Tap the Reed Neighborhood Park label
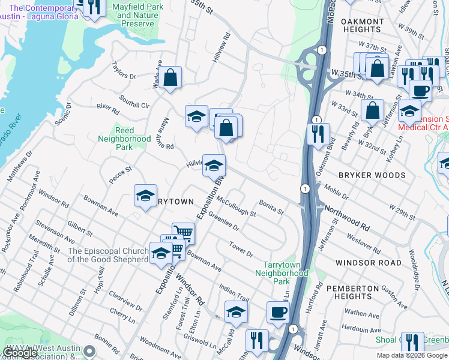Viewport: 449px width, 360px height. pos(124,139)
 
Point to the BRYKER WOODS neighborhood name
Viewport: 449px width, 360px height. pos(372,176)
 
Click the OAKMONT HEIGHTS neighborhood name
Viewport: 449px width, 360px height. pos(362,26)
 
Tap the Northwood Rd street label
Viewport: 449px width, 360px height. pos(348,216)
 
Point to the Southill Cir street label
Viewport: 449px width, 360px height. pos(134,101)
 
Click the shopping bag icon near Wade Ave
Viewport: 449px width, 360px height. pos(170,77)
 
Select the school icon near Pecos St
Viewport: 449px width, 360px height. pos(145,196)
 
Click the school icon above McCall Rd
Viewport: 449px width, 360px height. pos(236,313)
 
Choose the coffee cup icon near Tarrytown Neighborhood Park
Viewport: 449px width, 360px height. pos(278,312)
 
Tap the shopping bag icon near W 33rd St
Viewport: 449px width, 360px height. pos(372,110)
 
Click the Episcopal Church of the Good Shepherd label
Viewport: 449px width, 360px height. pos(107,255)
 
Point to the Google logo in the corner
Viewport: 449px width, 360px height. pos(20,353)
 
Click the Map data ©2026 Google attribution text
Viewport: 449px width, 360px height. pos(411,355)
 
